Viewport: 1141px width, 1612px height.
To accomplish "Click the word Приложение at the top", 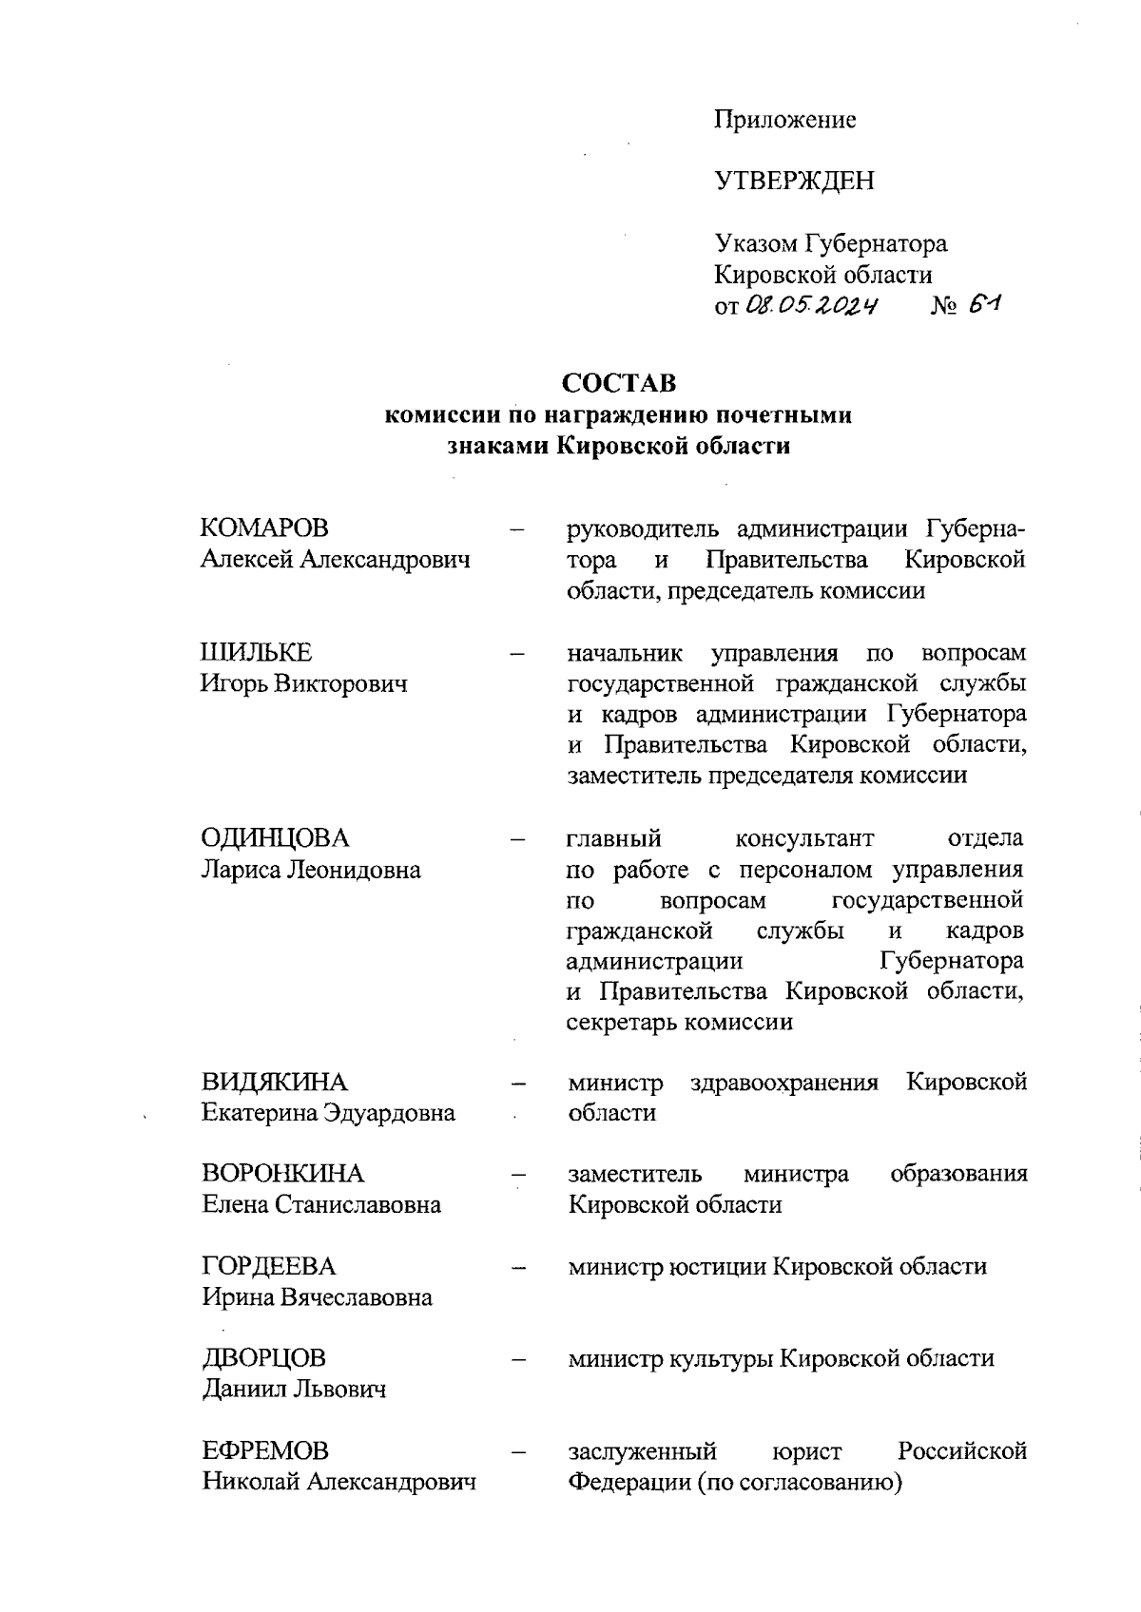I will tap(785, 120).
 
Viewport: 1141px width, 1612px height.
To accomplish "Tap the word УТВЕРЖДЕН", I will tap(794, 181).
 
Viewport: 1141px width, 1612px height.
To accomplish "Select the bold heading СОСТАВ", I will tap(619, 383).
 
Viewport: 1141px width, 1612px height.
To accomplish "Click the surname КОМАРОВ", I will tap(264, 528).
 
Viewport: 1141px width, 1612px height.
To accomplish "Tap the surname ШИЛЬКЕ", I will tap(256, 653).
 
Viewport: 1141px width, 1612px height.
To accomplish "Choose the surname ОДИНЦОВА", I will tap(275, 838).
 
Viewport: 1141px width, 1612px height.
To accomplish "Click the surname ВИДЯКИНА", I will tap(274, 1082).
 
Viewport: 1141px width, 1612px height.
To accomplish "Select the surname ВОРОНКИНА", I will tap(282, 1174).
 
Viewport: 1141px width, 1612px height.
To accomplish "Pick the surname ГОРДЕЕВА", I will tap(269, 1266).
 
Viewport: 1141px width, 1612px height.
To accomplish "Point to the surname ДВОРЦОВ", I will tap(263, 1358).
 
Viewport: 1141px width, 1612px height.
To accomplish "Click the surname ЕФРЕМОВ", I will tap(265, 1450).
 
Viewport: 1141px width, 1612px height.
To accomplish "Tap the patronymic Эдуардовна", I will tap(390, 1112).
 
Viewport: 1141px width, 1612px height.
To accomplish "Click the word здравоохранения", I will tap(784, 1082).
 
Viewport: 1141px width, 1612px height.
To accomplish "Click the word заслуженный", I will tap(642, 1450).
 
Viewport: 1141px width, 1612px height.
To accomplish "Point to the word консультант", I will tap(804, 838).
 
